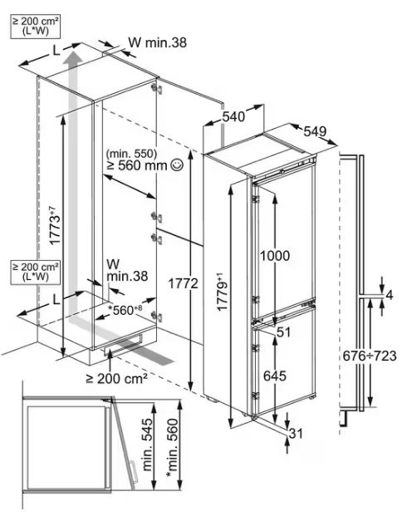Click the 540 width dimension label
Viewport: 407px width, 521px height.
click(x=233, y=116)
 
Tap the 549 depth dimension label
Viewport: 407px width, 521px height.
click(x=315, y=131)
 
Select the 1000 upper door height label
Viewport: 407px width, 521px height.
click(x=275, y=256)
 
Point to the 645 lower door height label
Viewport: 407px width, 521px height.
click(x=275, y=376)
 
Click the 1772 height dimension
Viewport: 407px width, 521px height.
click(x=183, y=283)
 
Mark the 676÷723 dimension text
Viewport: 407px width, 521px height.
click(x=370, y=356)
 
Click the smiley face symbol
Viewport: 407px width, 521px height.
click(x=176, y=165)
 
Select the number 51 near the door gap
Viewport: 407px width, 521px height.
click(x=283, y=332)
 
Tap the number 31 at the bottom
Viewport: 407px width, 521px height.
click(x=296, y=433)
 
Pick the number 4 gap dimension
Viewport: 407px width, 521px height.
click(x=390, y=295)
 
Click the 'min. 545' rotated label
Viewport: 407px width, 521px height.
click(x=148, y=445)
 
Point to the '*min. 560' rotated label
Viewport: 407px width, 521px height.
click(x=173, y=448)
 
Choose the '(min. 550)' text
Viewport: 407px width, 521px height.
click(x=131, y=154)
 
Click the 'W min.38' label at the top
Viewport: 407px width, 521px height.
click(x=158, y=42)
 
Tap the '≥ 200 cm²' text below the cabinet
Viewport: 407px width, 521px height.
click(x=116, y=378)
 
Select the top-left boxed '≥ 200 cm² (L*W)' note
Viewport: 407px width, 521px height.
click(x=35, y=27)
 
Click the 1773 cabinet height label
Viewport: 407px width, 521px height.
click(x=55, y=226)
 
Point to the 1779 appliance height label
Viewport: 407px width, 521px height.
click(x=223, y=292)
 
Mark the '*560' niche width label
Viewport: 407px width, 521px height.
click(x=125, y=310)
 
